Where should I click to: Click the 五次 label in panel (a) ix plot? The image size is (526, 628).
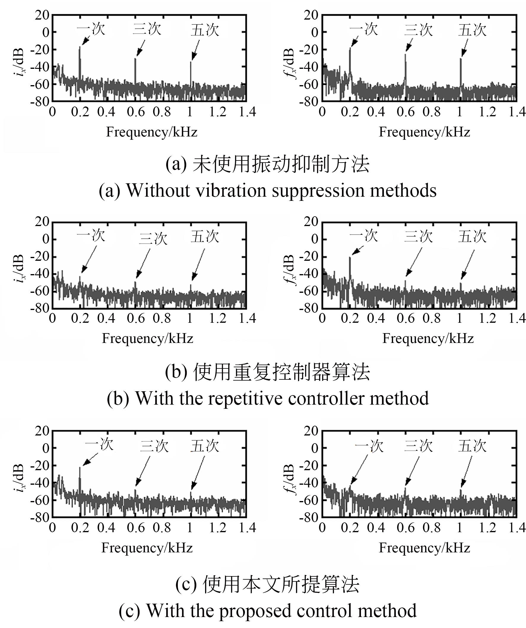[205, 30]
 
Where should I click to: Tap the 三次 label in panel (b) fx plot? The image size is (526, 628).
[418, 236]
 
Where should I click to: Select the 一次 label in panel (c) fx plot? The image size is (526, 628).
[369, 446]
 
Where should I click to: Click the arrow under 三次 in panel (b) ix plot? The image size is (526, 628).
[143, 263]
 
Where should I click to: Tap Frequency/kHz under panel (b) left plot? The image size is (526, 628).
[148, 338]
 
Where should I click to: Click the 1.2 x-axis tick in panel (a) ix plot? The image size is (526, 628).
[218, 112]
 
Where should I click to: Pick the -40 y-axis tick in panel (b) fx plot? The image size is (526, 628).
[308, 273]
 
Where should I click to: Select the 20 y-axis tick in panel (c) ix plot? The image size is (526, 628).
[42, 431]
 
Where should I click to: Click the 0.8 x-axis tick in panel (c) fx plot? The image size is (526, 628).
[431, 528]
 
